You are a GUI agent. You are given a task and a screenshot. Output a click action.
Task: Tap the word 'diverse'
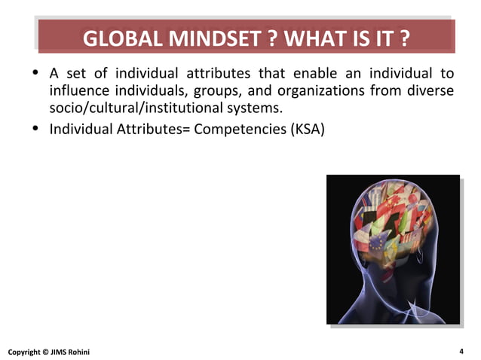click(429, 91)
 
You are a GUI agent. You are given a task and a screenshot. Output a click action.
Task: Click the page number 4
click(460, 351)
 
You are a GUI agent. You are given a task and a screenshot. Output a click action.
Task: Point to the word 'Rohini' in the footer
click(84, 352)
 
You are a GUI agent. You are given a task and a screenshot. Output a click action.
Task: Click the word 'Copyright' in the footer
click(24, 352)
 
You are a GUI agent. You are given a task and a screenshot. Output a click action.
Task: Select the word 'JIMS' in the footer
click(60, 352)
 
